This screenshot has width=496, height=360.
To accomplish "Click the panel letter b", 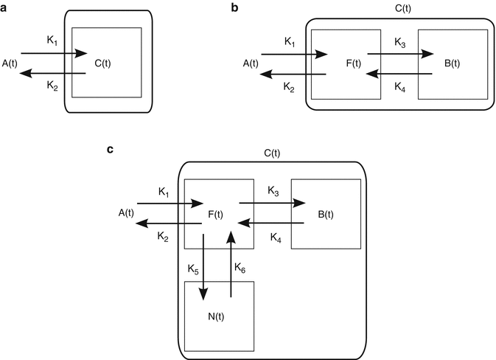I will (x=234, y=9).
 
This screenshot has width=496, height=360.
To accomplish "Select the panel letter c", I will (x=110, y=150).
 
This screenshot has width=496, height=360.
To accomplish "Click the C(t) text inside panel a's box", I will (x=104, y=63).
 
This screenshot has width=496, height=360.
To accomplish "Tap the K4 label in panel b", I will (x=400, y=86).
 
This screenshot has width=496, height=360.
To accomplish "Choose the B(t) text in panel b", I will (x=452, y=63).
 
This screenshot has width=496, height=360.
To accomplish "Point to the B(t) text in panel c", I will (x=325, y=215).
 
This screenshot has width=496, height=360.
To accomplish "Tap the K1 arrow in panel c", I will (x=168, y=204).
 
